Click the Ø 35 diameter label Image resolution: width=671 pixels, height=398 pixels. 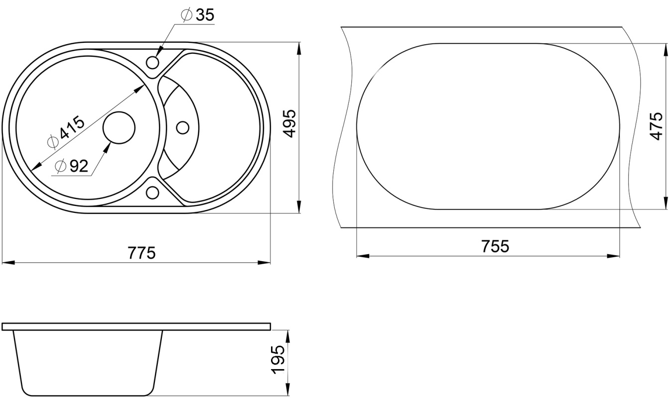pos(198,15)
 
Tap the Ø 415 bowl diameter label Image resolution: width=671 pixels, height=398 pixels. pos(67,132)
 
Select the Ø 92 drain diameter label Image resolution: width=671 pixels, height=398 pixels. pos(72,166)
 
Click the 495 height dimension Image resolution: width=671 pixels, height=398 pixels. pos(289,123)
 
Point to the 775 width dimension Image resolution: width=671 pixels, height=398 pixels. pos(141,253)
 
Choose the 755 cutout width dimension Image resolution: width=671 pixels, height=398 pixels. pos(495,246)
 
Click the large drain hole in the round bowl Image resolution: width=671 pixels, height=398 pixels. pos(119,128)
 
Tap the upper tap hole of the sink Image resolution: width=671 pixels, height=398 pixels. pos(152,63)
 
